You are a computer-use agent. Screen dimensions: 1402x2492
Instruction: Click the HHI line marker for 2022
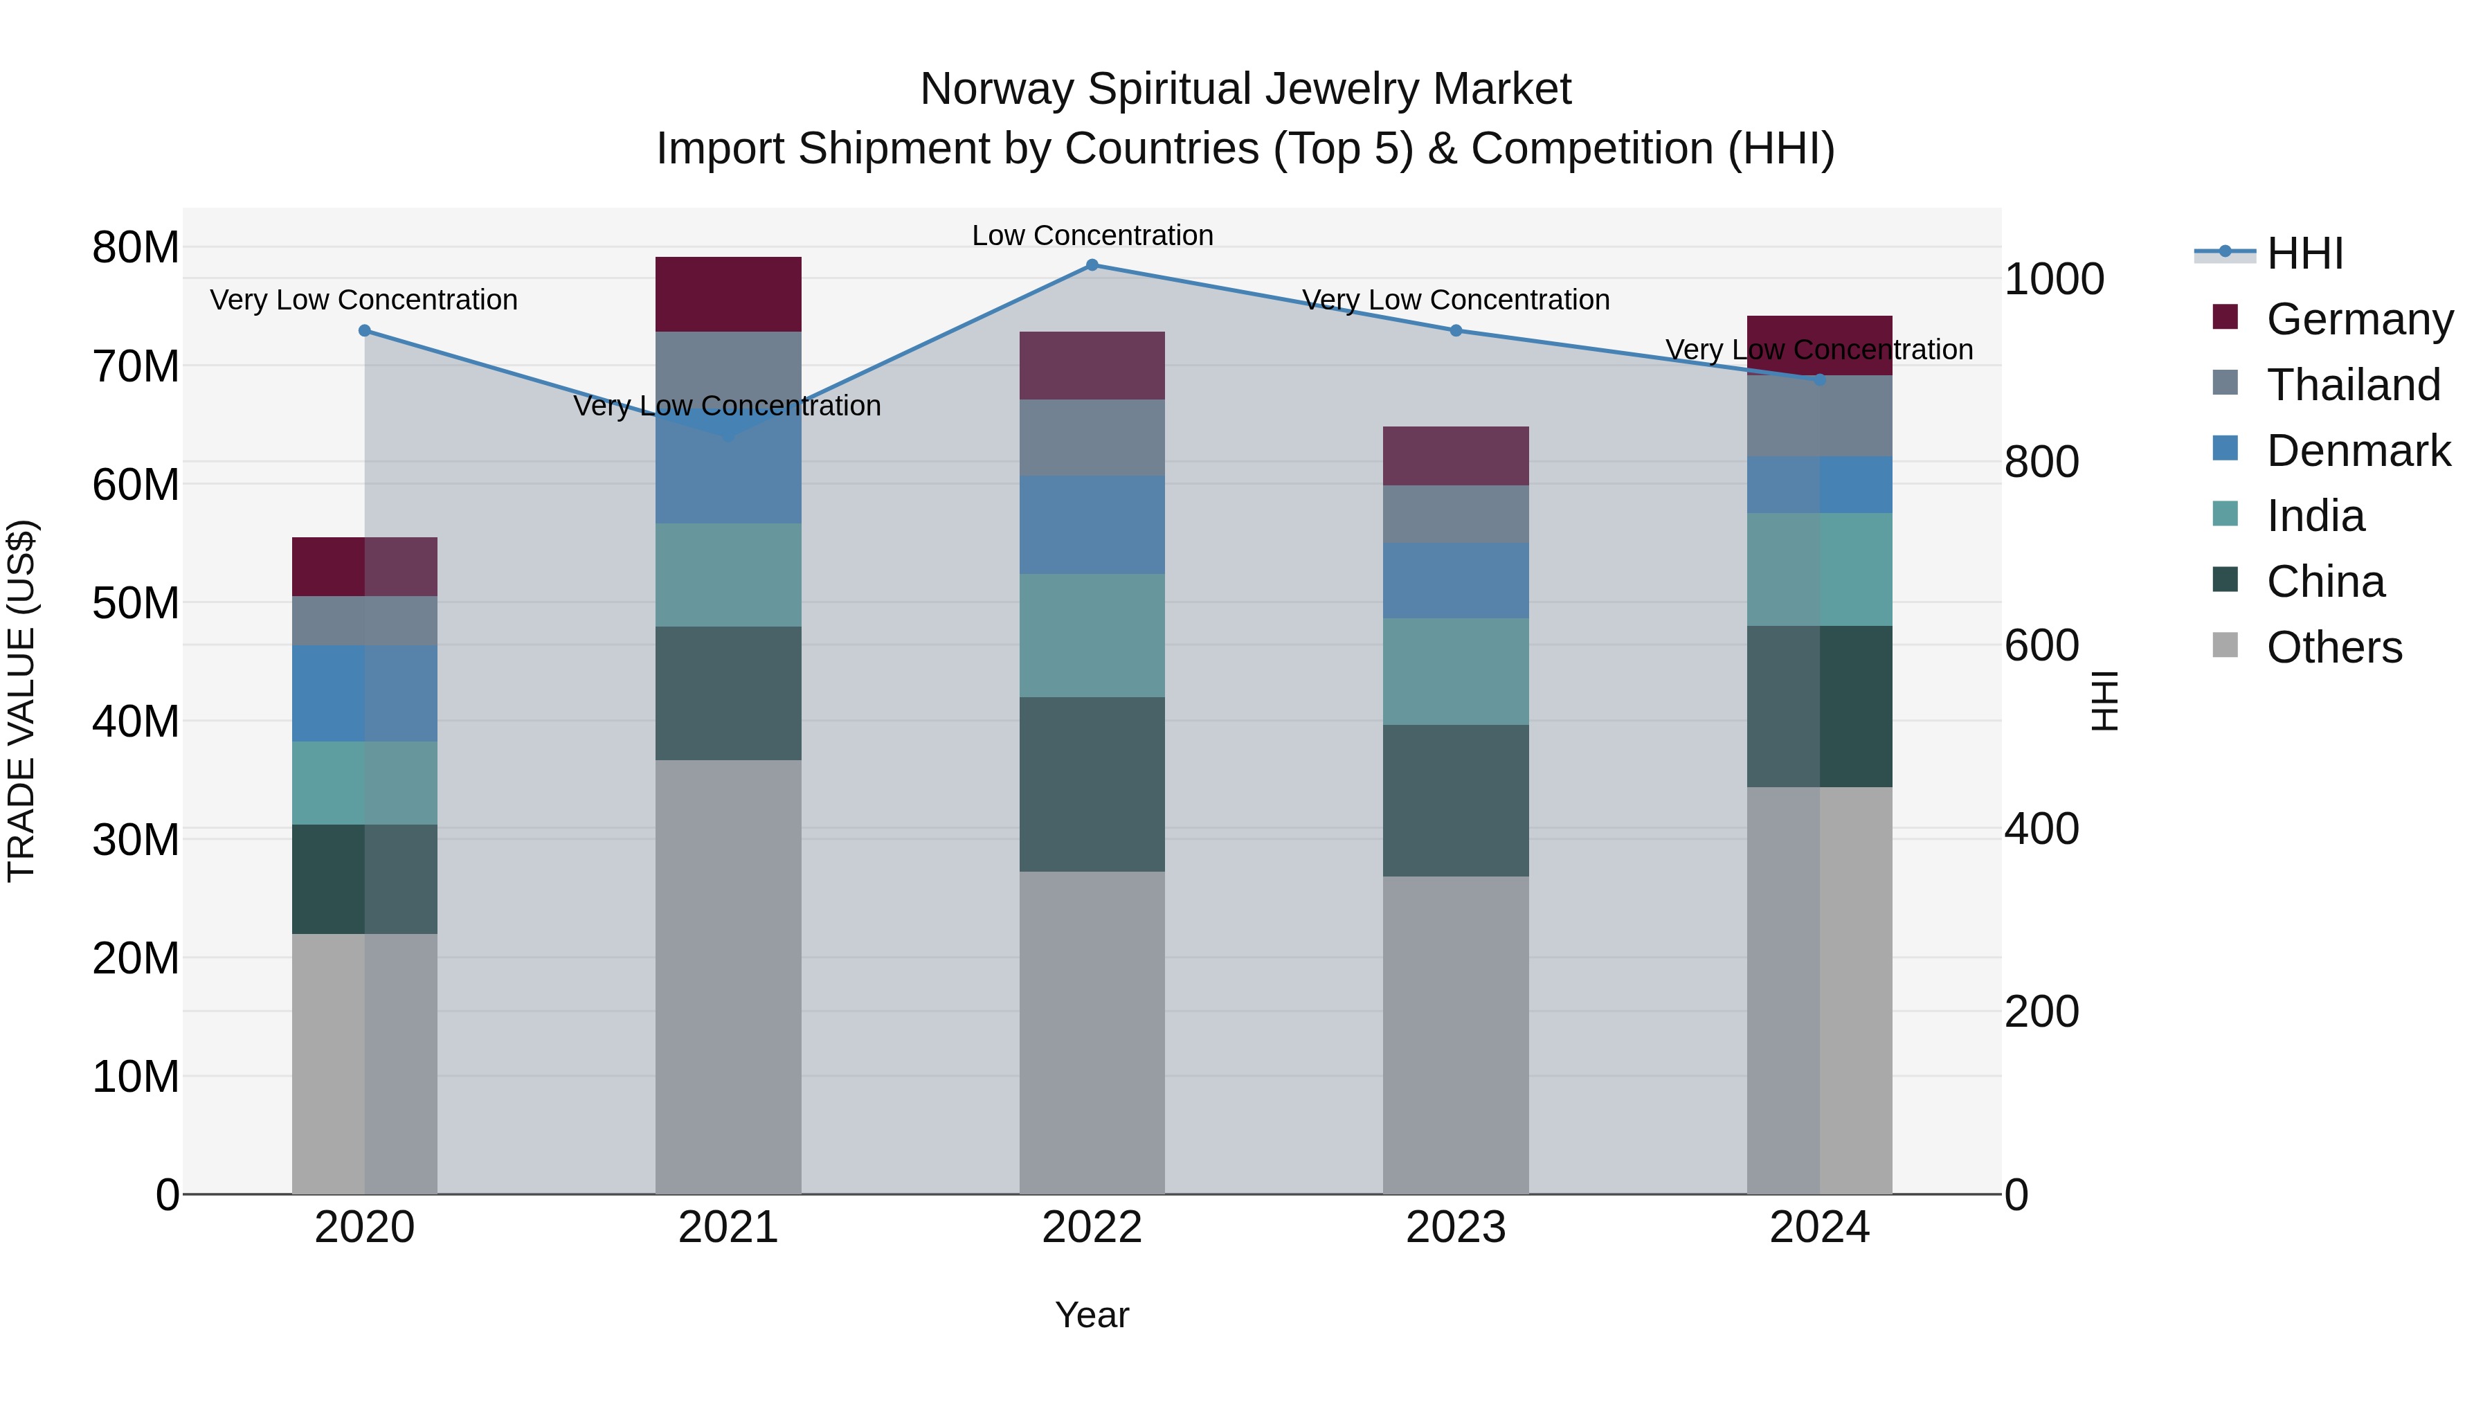[x=1092, y=265]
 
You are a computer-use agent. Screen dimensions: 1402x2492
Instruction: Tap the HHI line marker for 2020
[x=365, y=331]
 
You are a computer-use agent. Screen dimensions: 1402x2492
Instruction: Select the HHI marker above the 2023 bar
[x=1456, y=331]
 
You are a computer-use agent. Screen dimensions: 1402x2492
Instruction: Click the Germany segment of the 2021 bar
[x=728, y=294]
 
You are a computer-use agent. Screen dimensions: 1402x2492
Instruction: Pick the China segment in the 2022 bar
[x=1092, y=784]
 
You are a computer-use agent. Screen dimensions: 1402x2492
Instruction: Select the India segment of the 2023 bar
[x=1456, y=672]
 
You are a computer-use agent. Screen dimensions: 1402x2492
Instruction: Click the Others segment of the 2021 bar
[x=728, y=977]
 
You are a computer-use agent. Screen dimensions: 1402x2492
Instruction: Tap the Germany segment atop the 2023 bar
[x=1456, y=456]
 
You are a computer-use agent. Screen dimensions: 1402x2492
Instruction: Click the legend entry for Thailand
[x=2353, y=385]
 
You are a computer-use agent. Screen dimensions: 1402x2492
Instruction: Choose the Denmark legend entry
[x=2358, y=451]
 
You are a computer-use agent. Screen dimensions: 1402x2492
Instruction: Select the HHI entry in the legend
[x=2304, y=253]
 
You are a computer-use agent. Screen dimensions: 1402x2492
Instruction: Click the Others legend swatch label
[x=2333, y=647]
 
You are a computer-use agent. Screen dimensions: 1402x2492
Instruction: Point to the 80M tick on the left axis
[x=136, y=248]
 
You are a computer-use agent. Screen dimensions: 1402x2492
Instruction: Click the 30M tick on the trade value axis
[x=136, y=840]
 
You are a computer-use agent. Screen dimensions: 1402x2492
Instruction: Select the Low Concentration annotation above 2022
[x=1092, y=235]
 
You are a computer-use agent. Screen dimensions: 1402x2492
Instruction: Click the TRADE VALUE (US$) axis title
[x=21, y=701]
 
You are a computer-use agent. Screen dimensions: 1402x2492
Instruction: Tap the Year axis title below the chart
[x=1092, y=1315]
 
